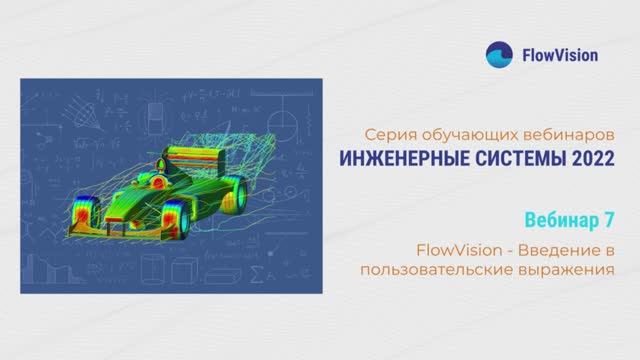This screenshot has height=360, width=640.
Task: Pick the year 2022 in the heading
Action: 589,159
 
